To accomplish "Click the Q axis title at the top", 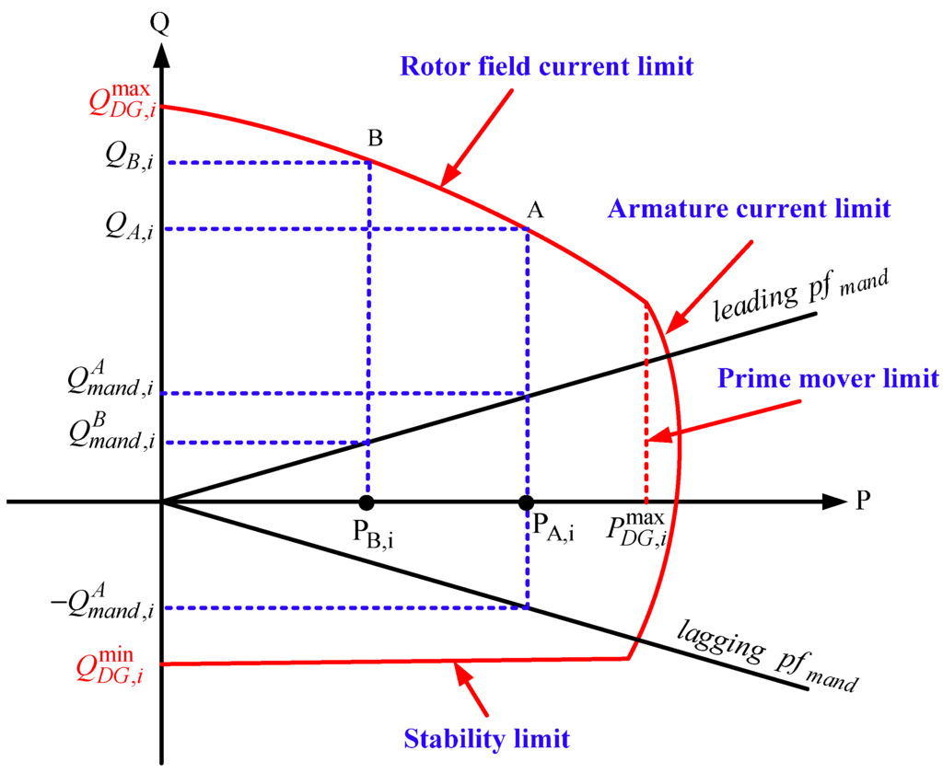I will pyautogui.click(x=161, y=18).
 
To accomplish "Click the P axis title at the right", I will pyautogui.click(x=864, y=502).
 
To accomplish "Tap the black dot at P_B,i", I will pyautogui.click(x=367, y=502).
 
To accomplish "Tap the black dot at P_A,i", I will pyautogui.click(x=526, y=502).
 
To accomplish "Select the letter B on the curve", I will pyautogui.click(x=376, y=139).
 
